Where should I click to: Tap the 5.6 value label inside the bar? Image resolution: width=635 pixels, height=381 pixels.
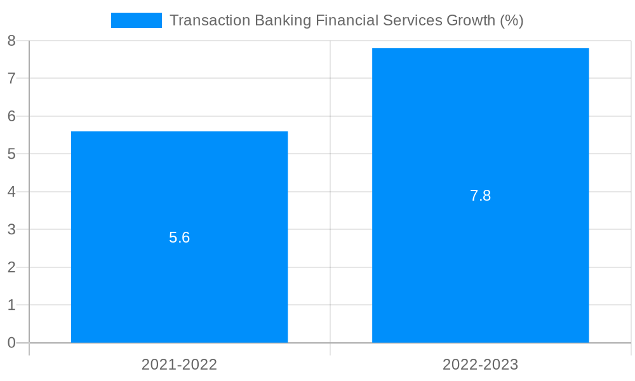coord(179,237)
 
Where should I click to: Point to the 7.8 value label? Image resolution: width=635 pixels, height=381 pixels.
coord(480,196)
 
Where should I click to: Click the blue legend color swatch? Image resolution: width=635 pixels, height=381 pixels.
coord(136,20)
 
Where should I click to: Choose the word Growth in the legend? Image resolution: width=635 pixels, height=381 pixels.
coord(471,20)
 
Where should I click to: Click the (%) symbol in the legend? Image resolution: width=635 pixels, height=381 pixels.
coord(512,20)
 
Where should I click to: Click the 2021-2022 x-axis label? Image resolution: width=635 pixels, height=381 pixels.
coord(179,364)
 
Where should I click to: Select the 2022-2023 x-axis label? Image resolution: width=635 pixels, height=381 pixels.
coord(480,364)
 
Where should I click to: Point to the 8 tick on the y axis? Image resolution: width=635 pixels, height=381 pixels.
coord(11,41)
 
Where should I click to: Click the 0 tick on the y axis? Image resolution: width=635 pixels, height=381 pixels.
coord(11,343)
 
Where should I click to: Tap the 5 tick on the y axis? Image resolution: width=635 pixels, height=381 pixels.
coord(11,154)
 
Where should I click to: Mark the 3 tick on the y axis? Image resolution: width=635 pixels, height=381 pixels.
coord(11,229)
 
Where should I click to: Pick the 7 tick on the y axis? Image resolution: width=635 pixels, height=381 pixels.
coord(11,78)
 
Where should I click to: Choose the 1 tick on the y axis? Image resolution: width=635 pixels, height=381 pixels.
coord(11,305)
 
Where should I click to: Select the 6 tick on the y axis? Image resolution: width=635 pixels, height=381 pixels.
coord(11,116)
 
